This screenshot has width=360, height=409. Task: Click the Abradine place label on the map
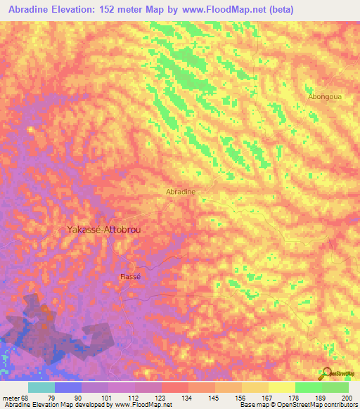[180, 191]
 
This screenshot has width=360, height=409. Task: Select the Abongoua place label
[325, 97]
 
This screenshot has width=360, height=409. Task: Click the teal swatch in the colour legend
[41, 387]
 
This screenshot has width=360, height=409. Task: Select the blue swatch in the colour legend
[68, 387]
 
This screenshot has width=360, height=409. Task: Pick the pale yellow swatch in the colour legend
[281, 387]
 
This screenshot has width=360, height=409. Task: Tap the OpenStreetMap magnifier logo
[328, 373]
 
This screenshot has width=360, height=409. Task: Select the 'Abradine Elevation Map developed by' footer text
[52, 404]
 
